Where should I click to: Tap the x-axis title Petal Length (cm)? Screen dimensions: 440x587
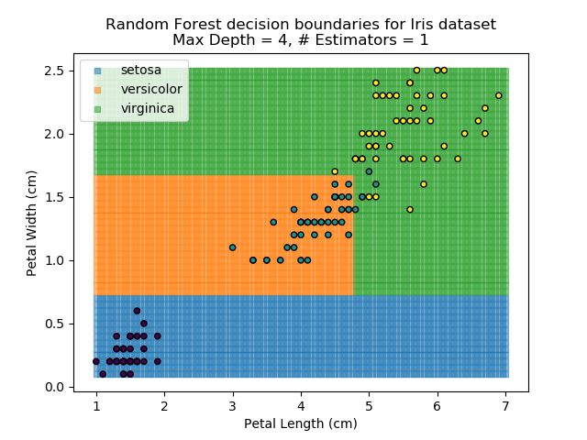(300, 423)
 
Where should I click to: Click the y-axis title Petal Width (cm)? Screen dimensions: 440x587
(31, 222)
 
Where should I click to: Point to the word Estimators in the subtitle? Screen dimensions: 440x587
(366, 40)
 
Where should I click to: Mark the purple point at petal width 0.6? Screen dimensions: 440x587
(137, 311)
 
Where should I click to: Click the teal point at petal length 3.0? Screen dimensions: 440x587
(232, 247)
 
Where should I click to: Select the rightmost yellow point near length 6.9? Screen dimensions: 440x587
(499, 95)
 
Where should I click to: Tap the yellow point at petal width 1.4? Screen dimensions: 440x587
(410, 209)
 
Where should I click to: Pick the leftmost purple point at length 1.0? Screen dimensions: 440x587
(95, 361)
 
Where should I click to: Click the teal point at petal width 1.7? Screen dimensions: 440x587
(369, 171)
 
